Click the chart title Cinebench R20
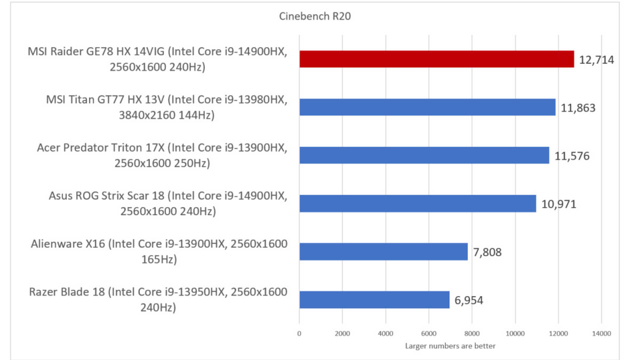pos(315,16)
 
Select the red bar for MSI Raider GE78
pos(437,59)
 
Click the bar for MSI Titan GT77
pos(427,107)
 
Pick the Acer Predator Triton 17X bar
pos(424,155)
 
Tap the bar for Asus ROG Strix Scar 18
pos(418,203)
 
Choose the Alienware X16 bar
pos(383,252)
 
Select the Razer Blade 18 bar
pos(374,300)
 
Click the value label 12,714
pos(596,60)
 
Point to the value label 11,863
pos(578,108)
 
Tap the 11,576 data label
pos(572,156)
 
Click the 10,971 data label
pos(559,204)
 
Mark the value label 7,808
pos(487,252)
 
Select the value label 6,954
pos(469,300)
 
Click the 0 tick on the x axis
pos(299,334)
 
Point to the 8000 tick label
pos(472,334)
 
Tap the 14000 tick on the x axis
pos(601,334)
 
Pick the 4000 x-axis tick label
pos(385,334)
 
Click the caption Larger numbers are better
pos(450,346)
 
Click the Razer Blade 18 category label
pos(158,299)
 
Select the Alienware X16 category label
pos(159,251)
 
